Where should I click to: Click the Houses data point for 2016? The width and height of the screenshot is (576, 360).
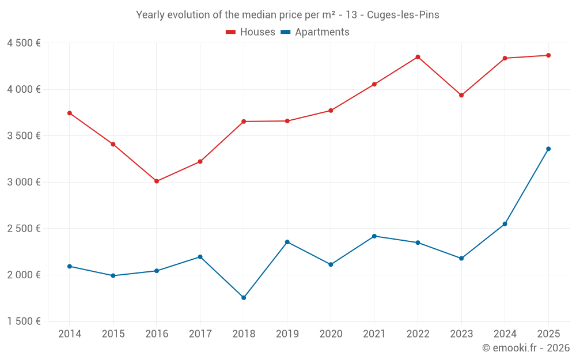pos(157,181)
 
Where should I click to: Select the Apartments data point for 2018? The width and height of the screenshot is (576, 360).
pos(244,298)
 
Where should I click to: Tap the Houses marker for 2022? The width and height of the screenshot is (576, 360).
pos(418,57)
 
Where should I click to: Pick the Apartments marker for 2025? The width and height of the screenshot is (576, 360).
pos(548,149)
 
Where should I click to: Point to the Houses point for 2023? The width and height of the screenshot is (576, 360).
pos(461,95)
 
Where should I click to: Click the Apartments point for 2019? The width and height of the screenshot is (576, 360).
pos(287,242)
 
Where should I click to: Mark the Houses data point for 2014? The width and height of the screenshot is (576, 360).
pos(70,113)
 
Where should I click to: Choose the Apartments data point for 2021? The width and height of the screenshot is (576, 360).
pos(374,236)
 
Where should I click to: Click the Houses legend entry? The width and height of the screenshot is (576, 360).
pos(251,32)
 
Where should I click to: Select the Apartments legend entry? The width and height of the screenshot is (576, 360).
pos(315,32)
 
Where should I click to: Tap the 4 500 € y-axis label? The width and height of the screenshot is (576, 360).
pos(24,43)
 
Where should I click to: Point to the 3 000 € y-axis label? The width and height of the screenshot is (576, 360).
pos(24,182)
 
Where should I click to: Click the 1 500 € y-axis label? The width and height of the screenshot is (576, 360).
pos(24,321)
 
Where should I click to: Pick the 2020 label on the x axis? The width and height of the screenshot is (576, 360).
pos(331,334)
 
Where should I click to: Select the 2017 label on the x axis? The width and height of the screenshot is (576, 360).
pos(200,334)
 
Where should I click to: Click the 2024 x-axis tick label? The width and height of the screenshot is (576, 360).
pos(505,334)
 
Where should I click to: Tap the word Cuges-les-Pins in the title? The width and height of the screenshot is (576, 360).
pos(403,15)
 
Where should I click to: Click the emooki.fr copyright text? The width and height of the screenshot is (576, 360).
pos(525,348)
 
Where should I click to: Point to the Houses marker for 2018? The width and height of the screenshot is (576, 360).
pos(244,122)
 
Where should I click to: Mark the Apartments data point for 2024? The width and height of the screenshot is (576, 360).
pos(505,223)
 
